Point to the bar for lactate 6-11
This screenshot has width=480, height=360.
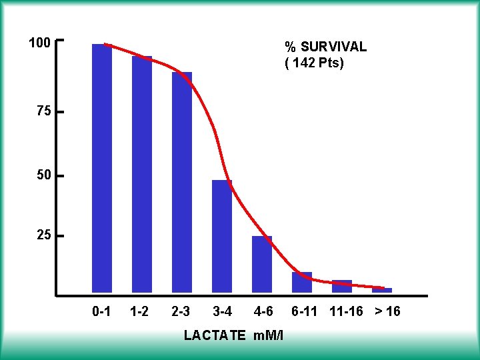(302, 283)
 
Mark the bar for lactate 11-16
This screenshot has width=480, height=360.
(342, 287)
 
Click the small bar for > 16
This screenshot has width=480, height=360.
(382, 290)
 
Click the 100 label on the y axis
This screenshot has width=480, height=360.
(40, 43)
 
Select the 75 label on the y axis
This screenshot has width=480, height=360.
(43, 112)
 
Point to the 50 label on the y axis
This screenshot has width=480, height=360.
(43, 175)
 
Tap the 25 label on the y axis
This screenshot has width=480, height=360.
(43, 235)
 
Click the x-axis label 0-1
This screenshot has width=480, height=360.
(101, 311)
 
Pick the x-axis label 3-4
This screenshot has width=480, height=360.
(222, 311)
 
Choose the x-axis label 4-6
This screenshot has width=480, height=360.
(263, 311)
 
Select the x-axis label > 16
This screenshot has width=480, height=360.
(387, 311)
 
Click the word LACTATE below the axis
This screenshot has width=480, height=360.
(215, 335)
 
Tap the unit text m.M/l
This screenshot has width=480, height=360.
(269, 335)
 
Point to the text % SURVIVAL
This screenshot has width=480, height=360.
(325, 47)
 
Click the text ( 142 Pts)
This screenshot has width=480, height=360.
(315, 64)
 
